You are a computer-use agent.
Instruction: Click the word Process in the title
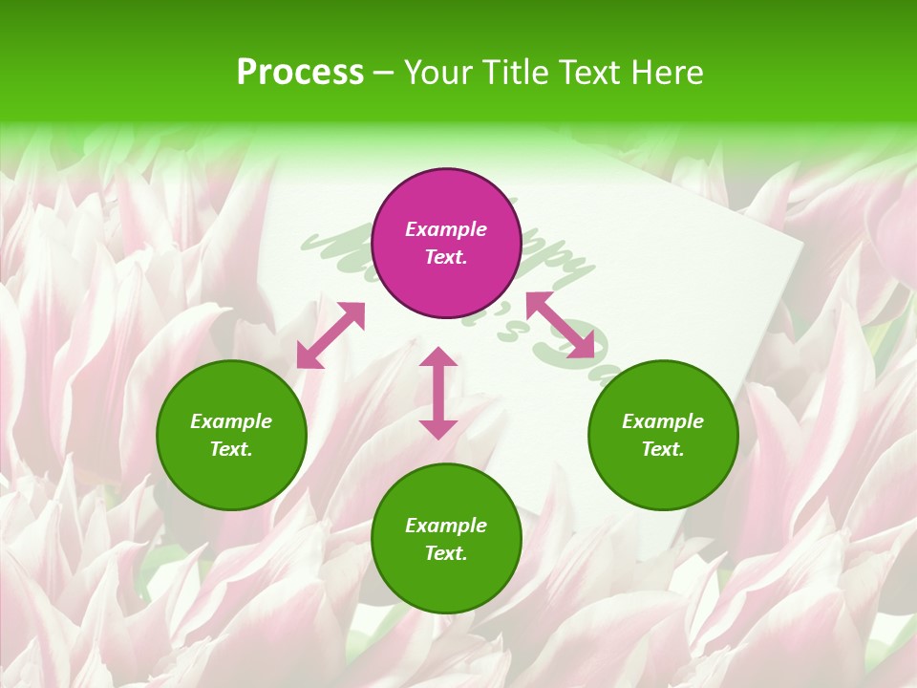tap(300, 73)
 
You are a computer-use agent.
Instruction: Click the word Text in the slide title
tap(590, 73)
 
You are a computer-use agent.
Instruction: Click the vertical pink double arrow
tap(438, 393)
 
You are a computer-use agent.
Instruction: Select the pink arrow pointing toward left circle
tap(331, 335)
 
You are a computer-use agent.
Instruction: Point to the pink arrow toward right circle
tap(561, 326)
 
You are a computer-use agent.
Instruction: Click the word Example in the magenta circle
tap(446, 229)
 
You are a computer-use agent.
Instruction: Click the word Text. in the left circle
tap(231, 449)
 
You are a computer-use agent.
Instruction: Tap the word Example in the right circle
tap(663, 421)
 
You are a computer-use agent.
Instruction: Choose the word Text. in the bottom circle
tap(446, 553)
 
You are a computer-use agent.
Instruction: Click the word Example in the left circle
tap(231, 421)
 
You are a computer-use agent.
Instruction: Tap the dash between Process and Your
tap(384, 73)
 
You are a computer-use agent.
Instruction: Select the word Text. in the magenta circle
tap(446, 257)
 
